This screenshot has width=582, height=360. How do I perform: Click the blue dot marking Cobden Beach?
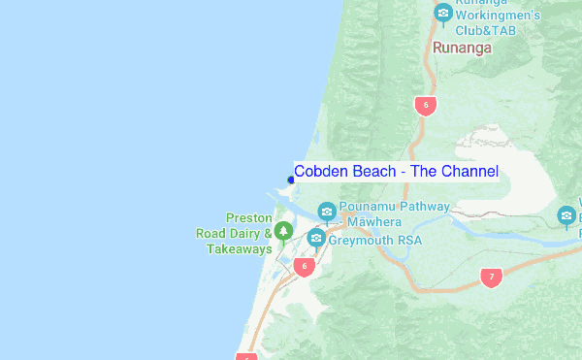pyautogui.click(x=291, y=179)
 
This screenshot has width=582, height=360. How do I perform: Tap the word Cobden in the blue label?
pyautogui.click(x=319, y=172)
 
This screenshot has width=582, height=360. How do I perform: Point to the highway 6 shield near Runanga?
pyautogui.click(x=424, y=105)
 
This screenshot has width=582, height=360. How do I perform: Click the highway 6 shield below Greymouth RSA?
pyautogui.click(x=304, y=267)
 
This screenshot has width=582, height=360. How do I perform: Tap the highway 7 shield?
pyautogui.click(x=491, y=278)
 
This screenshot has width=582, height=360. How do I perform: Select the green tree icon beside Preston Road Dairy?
pyautogui.click(x=282, y=231)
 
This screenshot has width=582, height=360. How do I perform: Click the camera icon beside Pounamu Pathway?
pyautogui.click(x=327, y=212)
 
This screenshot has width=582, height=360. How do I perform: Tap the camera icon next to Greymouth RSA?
pyautogui.click(x=314, y=239)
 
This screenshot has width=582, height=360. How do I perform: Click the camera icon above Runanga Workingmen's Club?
pyautogui.click(x=443, y=13)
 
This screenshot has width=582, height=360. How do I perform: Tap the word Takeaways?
pyautogui.click(x=239, y=249)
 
